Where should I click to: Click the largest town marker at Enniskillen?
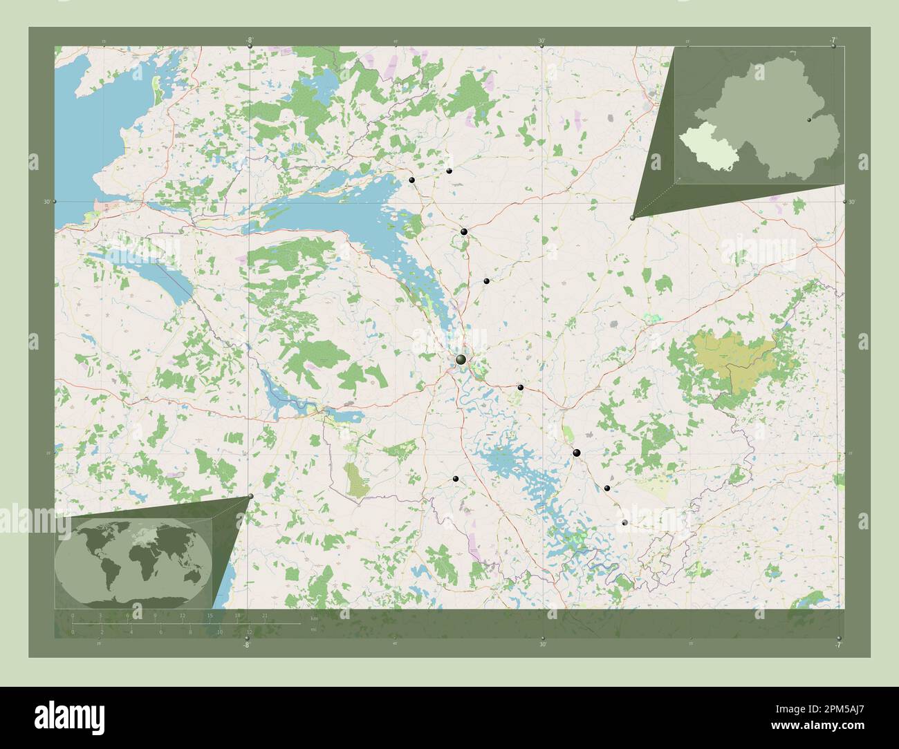point(461,359)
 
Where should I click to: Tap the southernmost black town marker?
point(625,523)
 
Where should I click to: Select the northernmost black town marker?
point(449,171)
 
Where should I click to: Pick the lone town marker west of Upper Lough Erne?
point(455,478)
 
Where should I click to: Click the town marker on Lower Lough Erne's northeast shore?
point(412,180)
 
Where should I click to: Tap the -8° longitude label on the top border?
point(248,39)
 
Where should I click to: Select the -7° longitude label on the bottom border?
point(837,645)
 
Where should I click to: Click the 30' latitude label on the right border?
point(851,202)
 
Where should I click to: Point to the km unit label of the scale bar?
point(313,617)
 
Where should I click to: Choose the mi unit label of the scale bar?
point(313,630)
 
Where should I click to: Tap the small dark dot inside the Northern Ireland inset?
point(808,120)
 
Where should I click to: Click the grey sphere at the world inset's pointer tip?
point(250,496)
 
